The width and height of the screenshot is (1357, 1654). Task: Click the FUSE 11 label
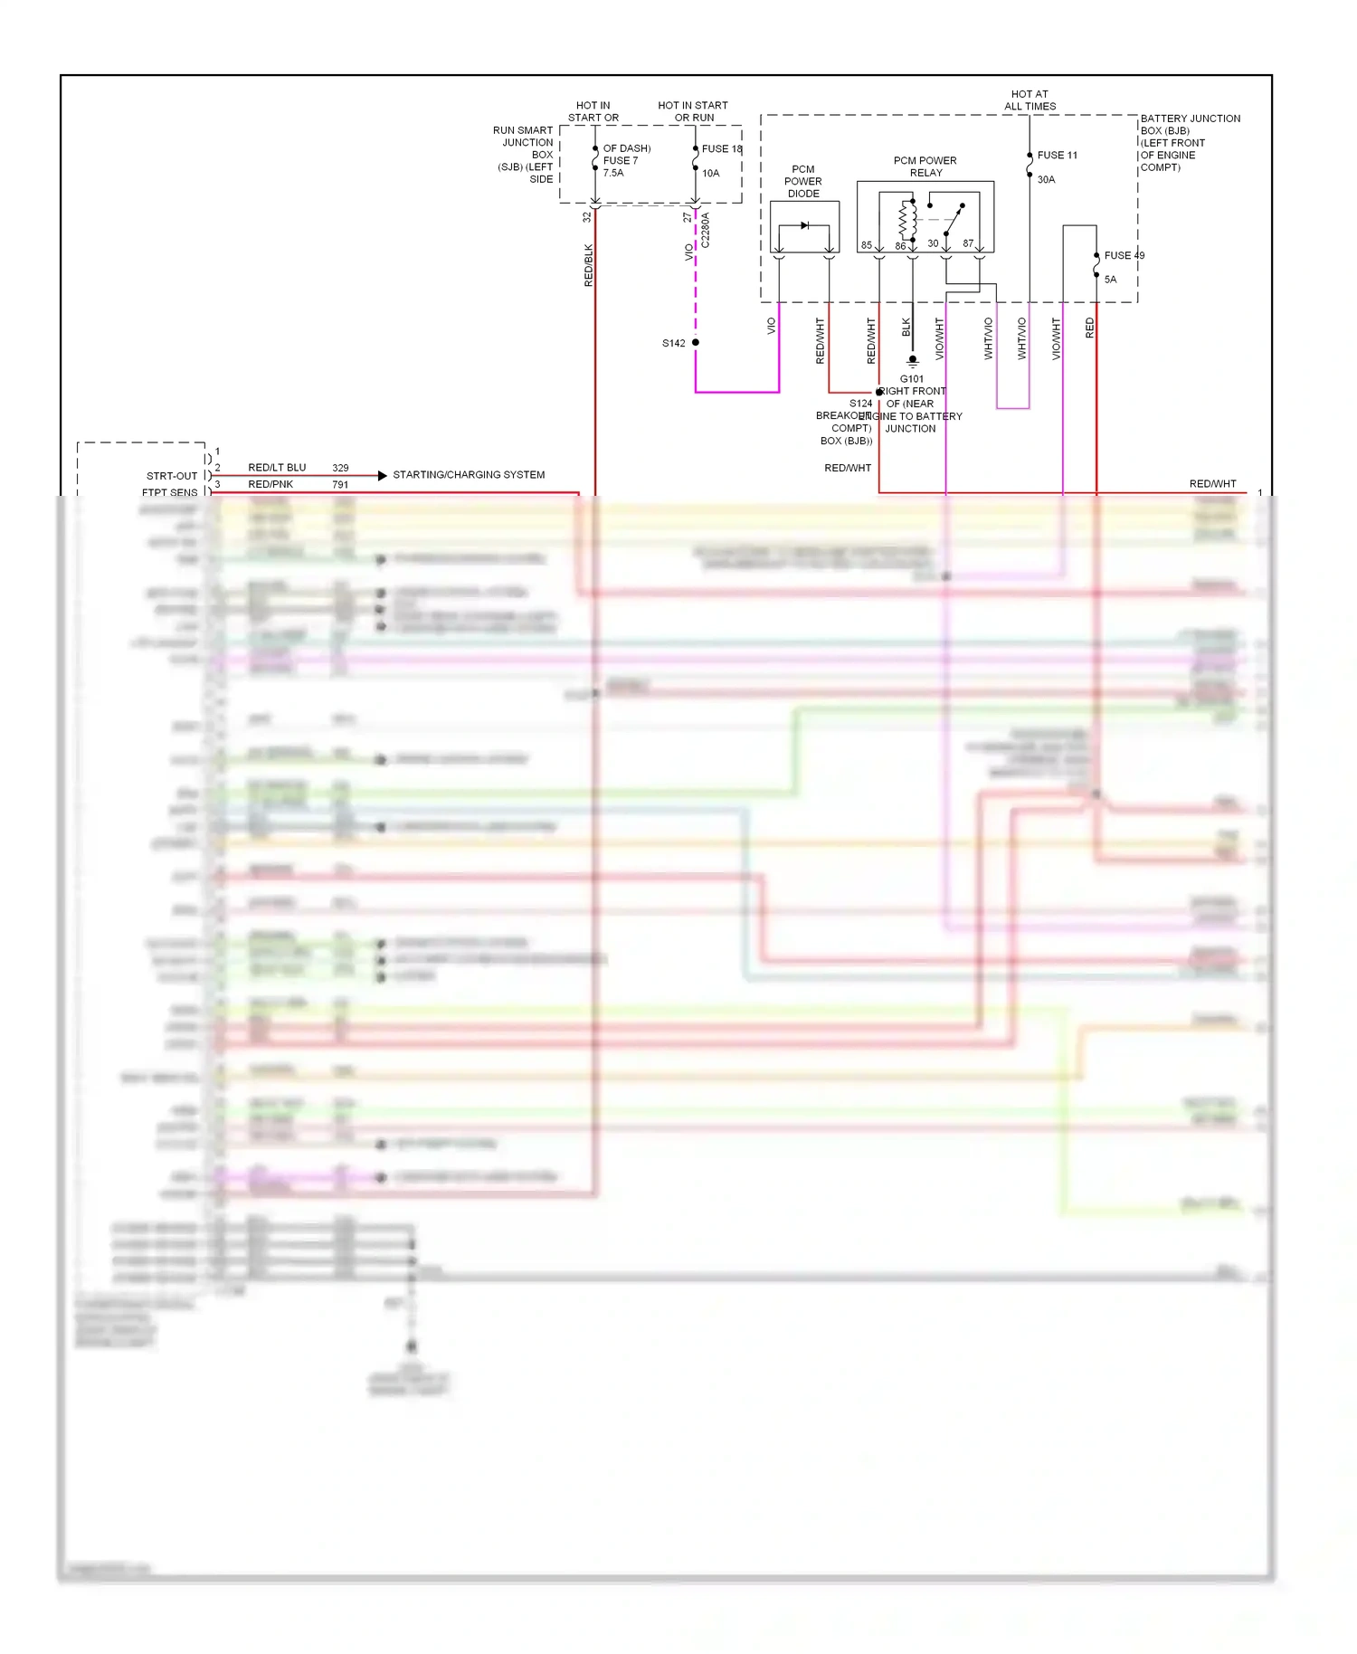point(1057,156)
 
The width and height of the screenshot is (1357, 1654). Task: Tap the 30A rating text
point(1046,180)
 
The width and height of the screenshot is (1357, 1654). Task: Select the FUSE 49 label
point(1124,256)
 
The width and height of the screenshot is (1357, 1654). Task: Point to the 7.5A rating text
point(613,173)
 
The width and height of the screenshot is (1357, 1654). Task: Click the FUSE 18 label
point(722,149)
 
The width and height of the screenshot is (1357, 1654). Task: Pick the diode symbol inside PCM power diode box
point(804,225)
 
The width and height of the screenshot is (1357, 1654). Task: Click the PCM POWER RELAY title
point(925,166)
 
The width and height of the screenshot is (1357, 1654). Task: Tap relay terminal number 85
point(867,245)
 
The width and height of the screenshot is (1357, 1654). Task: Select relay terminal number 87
point(968,243)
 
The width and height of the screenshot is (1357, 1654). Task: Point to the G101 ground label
point(912,379)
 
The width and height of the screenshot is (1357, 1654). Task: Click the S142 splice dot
point(696,343)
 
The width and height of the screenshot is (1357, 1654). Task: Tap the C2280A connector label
point(706,231)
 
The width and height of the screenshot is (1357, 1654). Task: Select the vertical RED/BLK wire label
point(589,265)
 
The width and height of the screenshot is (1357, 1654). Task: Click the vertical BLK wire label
point(906,327)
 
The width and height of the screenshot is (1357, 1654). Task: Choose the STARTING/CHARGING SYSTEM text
point(469,475)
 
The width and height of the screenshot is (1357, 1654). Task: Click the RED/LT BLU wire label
point(277,468)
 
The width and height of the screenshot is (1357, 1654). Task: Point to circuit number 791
point(340,485)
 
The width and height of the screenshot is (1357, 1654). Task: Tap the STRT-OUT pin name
point(172,476)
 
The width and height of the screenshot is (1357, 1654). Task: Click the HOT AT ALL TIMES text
point(1030,100)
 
